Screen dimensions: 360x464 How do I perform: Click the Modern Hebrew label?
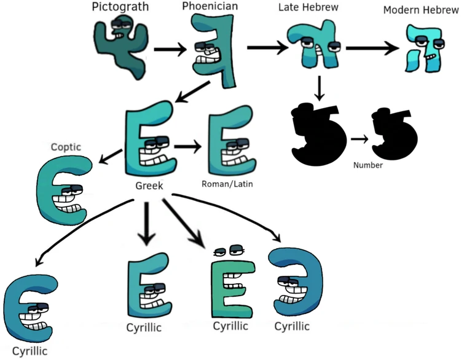coord(422,11)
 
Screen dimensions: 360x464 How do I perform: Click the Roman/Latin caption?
coord(227,183)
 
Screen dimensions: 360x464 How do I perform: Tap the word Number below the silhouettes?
coord(368,165)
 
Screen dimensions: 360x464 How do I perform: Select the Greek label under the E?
coord(149,184)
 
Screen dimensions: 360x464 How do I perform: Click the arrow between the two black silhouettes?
coord(360,139)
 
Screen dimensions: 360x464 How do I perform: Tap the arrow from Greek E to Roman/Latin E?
coord(187,147)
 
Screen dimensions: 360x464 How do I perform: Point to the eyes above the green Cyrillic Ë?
coord(228,250)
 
